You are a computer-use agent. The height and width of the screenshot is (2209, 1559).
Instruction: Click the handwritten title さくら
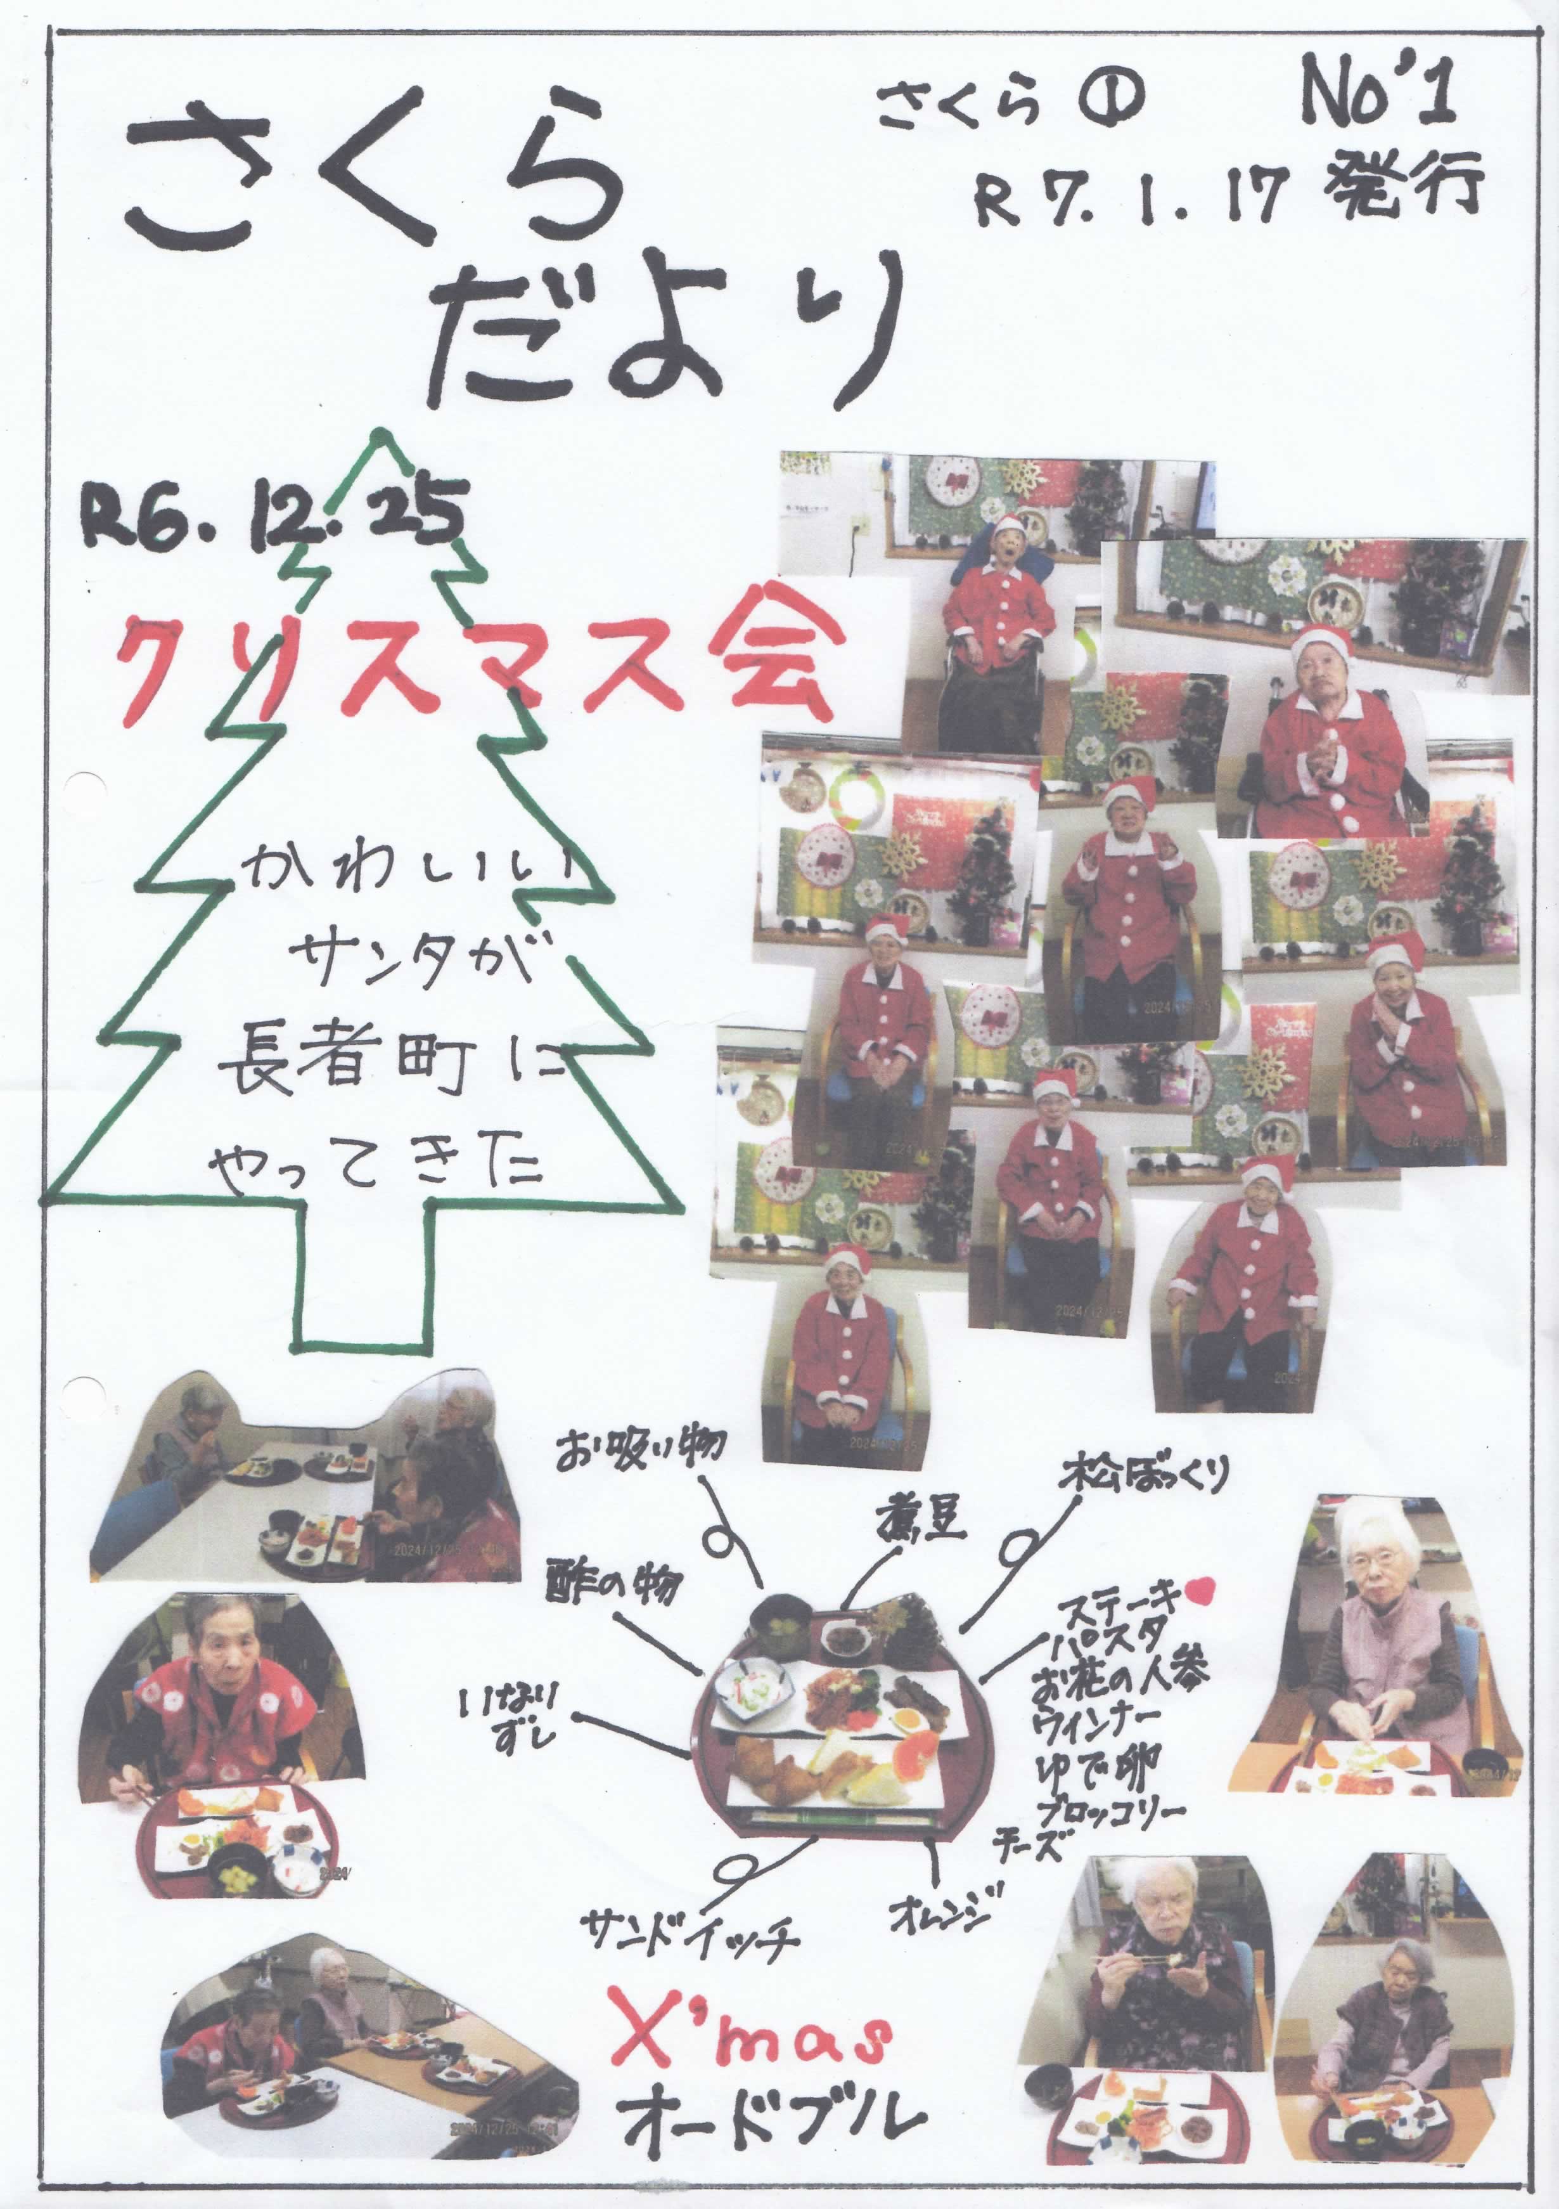coord(375,173)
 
